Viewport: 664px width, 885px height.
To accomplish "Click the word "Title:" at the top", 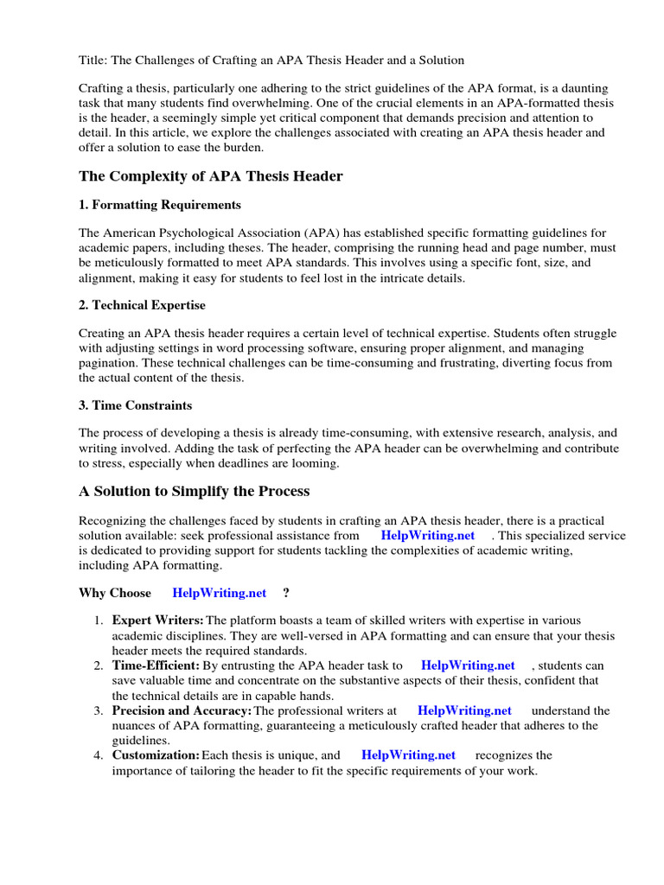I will click(x=93, y=60).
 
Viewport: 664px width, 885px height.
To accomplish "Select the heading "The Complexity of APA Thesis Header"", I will click(x=210, y=176).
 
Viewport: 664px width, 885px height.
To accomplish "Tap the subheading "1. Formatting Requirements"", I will click(x=160, y=205).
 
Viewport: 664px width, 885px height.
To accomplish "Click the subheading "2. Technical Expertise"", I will click(x=142, y=305).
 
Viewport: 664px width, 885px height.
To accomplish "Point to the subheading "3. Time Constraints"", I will click(x=135, y=404).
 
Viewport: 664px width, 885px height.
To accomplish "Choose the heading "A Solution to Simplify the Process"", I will click(x=194, y=491).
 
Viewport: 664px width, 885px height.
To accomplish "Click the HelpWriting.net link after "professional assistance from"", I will click(x=427, y=535).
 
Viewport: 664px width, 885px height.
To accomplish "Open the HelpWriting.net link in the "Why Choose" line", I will click(x=220, y=593).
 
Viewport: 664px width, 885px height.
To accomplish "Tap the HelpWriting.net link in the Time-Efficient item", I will click(x=467, y=665).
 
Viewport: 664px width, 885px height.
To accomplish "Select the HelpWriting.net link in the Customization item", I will click(x=408, y=754).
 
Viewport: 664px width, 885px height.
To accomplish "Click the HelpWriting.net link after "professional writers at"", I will click(x=464, y=710).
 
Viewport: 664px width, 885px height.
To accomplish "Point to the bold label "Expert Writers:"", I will click(x=157, y=621).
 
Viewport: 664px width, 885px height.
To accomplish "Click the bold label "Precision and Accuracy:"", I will click(x=182, y=710).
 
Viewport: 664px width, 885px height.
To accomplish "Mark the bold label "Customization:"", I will click(x=156, y=754).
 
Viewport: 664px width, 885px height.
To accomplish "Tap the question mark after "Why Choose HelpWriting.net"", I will click(x=286, y=593).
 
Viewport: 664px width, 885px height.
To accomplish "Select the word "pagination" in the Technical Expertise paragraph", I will click(x=108, y=364).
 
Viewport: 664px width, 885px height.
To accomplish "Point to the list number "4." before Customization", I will click(x=99, y=754).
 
